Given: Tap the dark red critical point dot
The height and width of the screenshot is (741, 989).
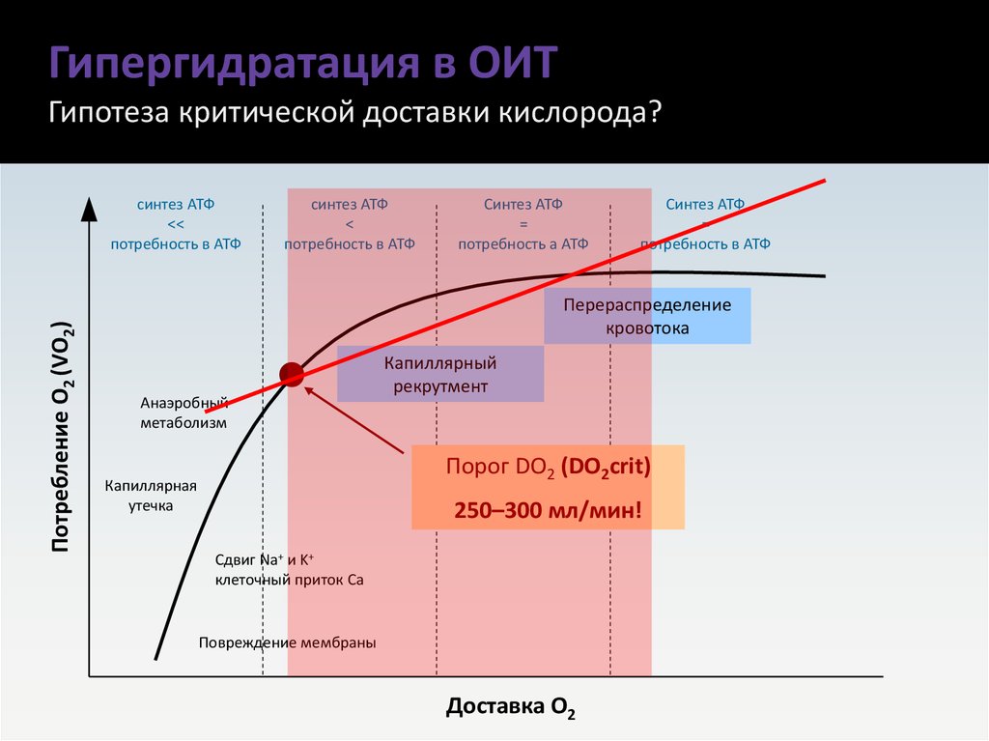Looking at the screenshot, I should (x=292, y=374).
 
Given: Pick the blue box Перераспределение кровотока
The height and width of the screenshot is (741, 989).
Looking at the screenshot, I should (x=647, y=317).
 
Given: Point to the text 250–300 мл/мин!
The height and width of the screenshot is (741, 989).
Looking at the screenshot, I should (x=548, y=509).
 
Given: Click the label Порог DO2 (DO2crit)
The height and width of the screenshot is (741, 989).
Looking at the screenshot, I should (x=548, y=468).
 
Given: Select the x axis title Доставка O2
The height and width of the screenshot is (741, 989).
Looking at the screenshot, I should (x=511, y=708).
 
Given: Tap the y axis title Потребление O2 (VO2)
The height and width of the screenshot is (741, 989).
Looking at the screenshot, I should (x=63, y=437).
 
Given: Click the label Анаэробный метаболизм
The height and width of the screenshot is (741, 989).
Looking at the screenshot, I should (x=184, y=413).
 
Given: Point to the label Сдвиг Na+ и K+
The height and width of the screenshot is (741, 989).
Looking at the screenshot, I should (x=259, y=560).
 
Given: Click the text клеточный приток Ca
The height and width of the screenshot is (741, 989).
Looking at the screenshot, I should (x=289, y=581).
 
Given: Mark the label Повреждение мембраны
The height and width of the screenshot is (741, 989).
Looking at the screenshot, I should (x=287, y=642).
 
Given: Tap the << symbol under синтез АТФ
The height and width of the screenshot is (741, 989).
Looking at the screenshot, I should (x=175, y=224).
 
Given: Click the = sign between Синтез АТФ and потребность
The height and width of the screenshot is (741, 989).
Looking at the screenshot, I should (x=523, y=224).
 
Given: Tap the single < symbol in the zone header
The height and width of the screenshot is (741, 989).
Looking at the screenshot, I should (x=349, y=224).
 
